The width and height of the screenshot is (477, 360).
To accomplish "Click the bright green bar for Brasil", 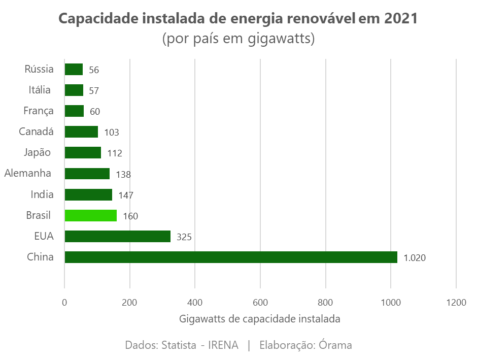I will coord(90,215).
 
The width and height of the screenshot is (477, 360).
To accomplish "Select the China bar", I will coord(230,257).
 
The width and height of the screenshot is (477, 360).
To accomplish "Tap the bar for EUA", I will coord(117,236).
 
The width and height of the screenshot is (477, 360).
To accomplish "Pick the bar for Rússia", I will coord(74,70).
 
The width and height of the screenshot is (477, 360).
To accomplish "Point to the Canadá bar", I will coord(81,132).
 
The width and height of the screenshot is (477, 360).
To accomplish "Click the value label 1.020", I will coord(414,258).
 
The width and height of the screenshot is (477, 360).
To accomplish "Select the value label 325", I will coord(184,237).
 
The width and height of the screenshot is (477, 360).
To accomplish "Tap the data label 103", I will coord(111,133).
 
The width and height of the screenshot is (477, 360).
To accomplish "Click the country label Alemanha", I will coord(27,173).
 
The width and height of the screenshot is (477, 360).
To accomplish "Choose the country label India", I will coord(42,194).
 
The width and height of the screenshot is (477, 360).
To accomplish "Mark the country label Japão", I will coord(37,152).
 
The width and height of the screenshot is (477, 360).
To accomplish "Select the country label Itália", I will coord(40,90).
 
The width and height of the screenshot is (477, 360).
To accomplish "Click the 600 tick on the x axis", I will coord(260,303).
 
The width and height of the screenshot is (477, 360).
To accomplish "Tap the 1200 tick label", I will coord(456,303).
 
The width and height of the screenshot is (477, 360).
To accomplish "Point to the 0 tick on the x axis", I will coord(64,303).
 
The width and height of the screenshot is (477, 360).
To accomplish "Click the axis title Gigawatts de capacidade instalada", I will coord(259,319).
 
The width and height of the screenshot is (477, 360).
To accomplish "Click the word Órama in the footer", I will coord(335,345).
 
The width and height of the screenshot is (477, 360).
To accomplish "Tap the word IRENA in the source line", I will coord(223,345).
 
